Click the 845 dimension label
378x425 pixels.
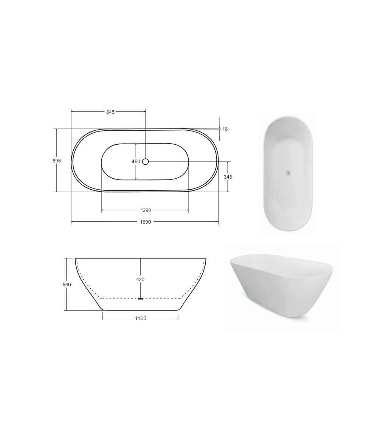pyautogui.click(x=110, y=112)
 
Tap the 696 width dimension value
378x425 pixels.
pyautogui.click(x=57, y=161)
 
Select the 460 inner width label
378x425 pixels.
pyautogui.click(x=136, y=162)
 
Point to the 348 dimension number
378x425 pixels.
pyautogui.click(x=228, y=177)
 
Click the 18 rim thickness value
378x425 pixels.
pyautogui.click(x=225, y=129)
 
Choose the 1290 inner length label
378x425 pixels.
pyautogui.click(x=146, y=210)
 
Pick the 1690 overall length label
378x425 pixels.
pyautogui.click(x=146, y=222)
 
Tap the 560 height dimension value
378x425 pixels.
pyautogui.click(x=67, y=284)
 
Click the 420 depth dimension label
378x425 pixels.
pyautogui.click(x=140, y=280)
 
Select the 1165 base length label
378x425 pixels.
pyautogui.click(x=141, y=318)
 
